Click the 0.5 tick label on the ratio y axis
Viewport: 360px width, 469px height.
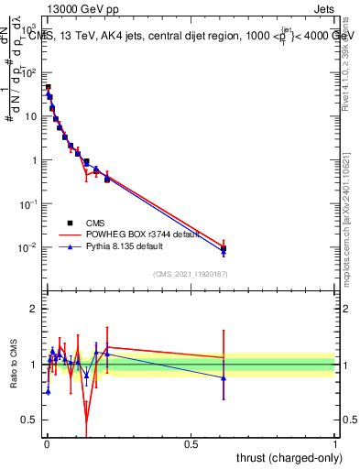pyautogui.click(x=32, y=421)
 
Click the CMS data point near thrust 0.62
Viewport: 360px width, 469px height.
pyautogui.click(x=224, y=248)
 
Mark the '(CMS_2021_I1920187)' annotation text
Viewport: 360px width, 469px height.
pyautogui.click(x=190, y=273)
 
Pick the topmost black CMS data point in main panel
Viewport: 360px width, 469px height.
pyautogui.click(x=48, y=88)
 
